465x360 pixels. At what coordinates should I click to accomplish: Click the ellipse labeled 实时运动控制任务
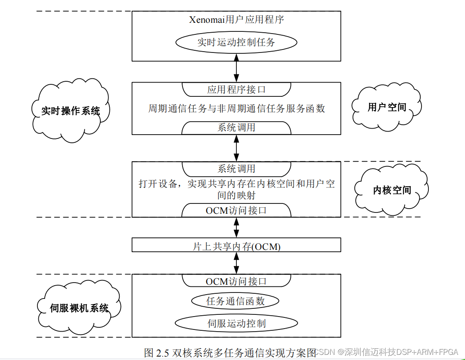236,43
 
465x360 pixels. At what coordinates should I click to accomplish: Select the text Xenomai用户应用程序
236,20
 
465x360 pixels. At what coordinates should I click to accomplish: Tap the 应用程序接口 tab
236,89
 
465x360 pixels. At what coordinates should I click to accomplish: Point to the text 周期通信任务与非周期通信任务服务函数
236,108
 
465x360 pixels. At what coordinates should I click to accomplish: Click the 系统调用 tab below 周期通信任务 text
236,128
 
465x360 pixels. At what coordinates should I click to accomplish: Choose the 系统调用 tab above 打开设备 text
236,169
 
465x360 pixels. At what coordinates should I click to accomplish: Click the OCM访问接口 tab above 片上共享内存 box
236,210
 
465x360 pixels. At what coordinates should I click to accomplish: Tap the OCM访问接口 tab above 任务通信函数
236,281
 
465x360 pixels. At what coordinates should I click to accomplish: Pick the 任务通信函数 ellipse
235,301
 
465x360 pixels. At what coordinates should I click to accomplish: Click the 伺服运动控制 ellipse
236,323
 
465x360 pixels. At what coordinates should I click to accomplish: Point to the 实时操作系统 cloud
71,111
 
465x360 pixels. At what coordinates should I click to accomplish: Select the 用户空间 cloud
387,107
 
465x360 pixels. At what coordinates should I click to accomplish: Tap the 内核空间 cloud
392,190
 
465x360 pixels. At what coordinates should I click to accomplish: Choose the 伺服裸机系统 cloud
79,308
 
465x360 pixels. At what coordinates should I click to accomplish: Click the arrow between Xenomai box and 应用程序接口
236,71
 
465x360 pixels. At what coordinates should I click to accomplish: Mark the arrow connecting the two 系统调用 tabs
236,148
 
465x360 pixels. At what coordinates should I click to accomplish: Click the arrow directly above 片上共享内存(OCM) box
236,228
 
